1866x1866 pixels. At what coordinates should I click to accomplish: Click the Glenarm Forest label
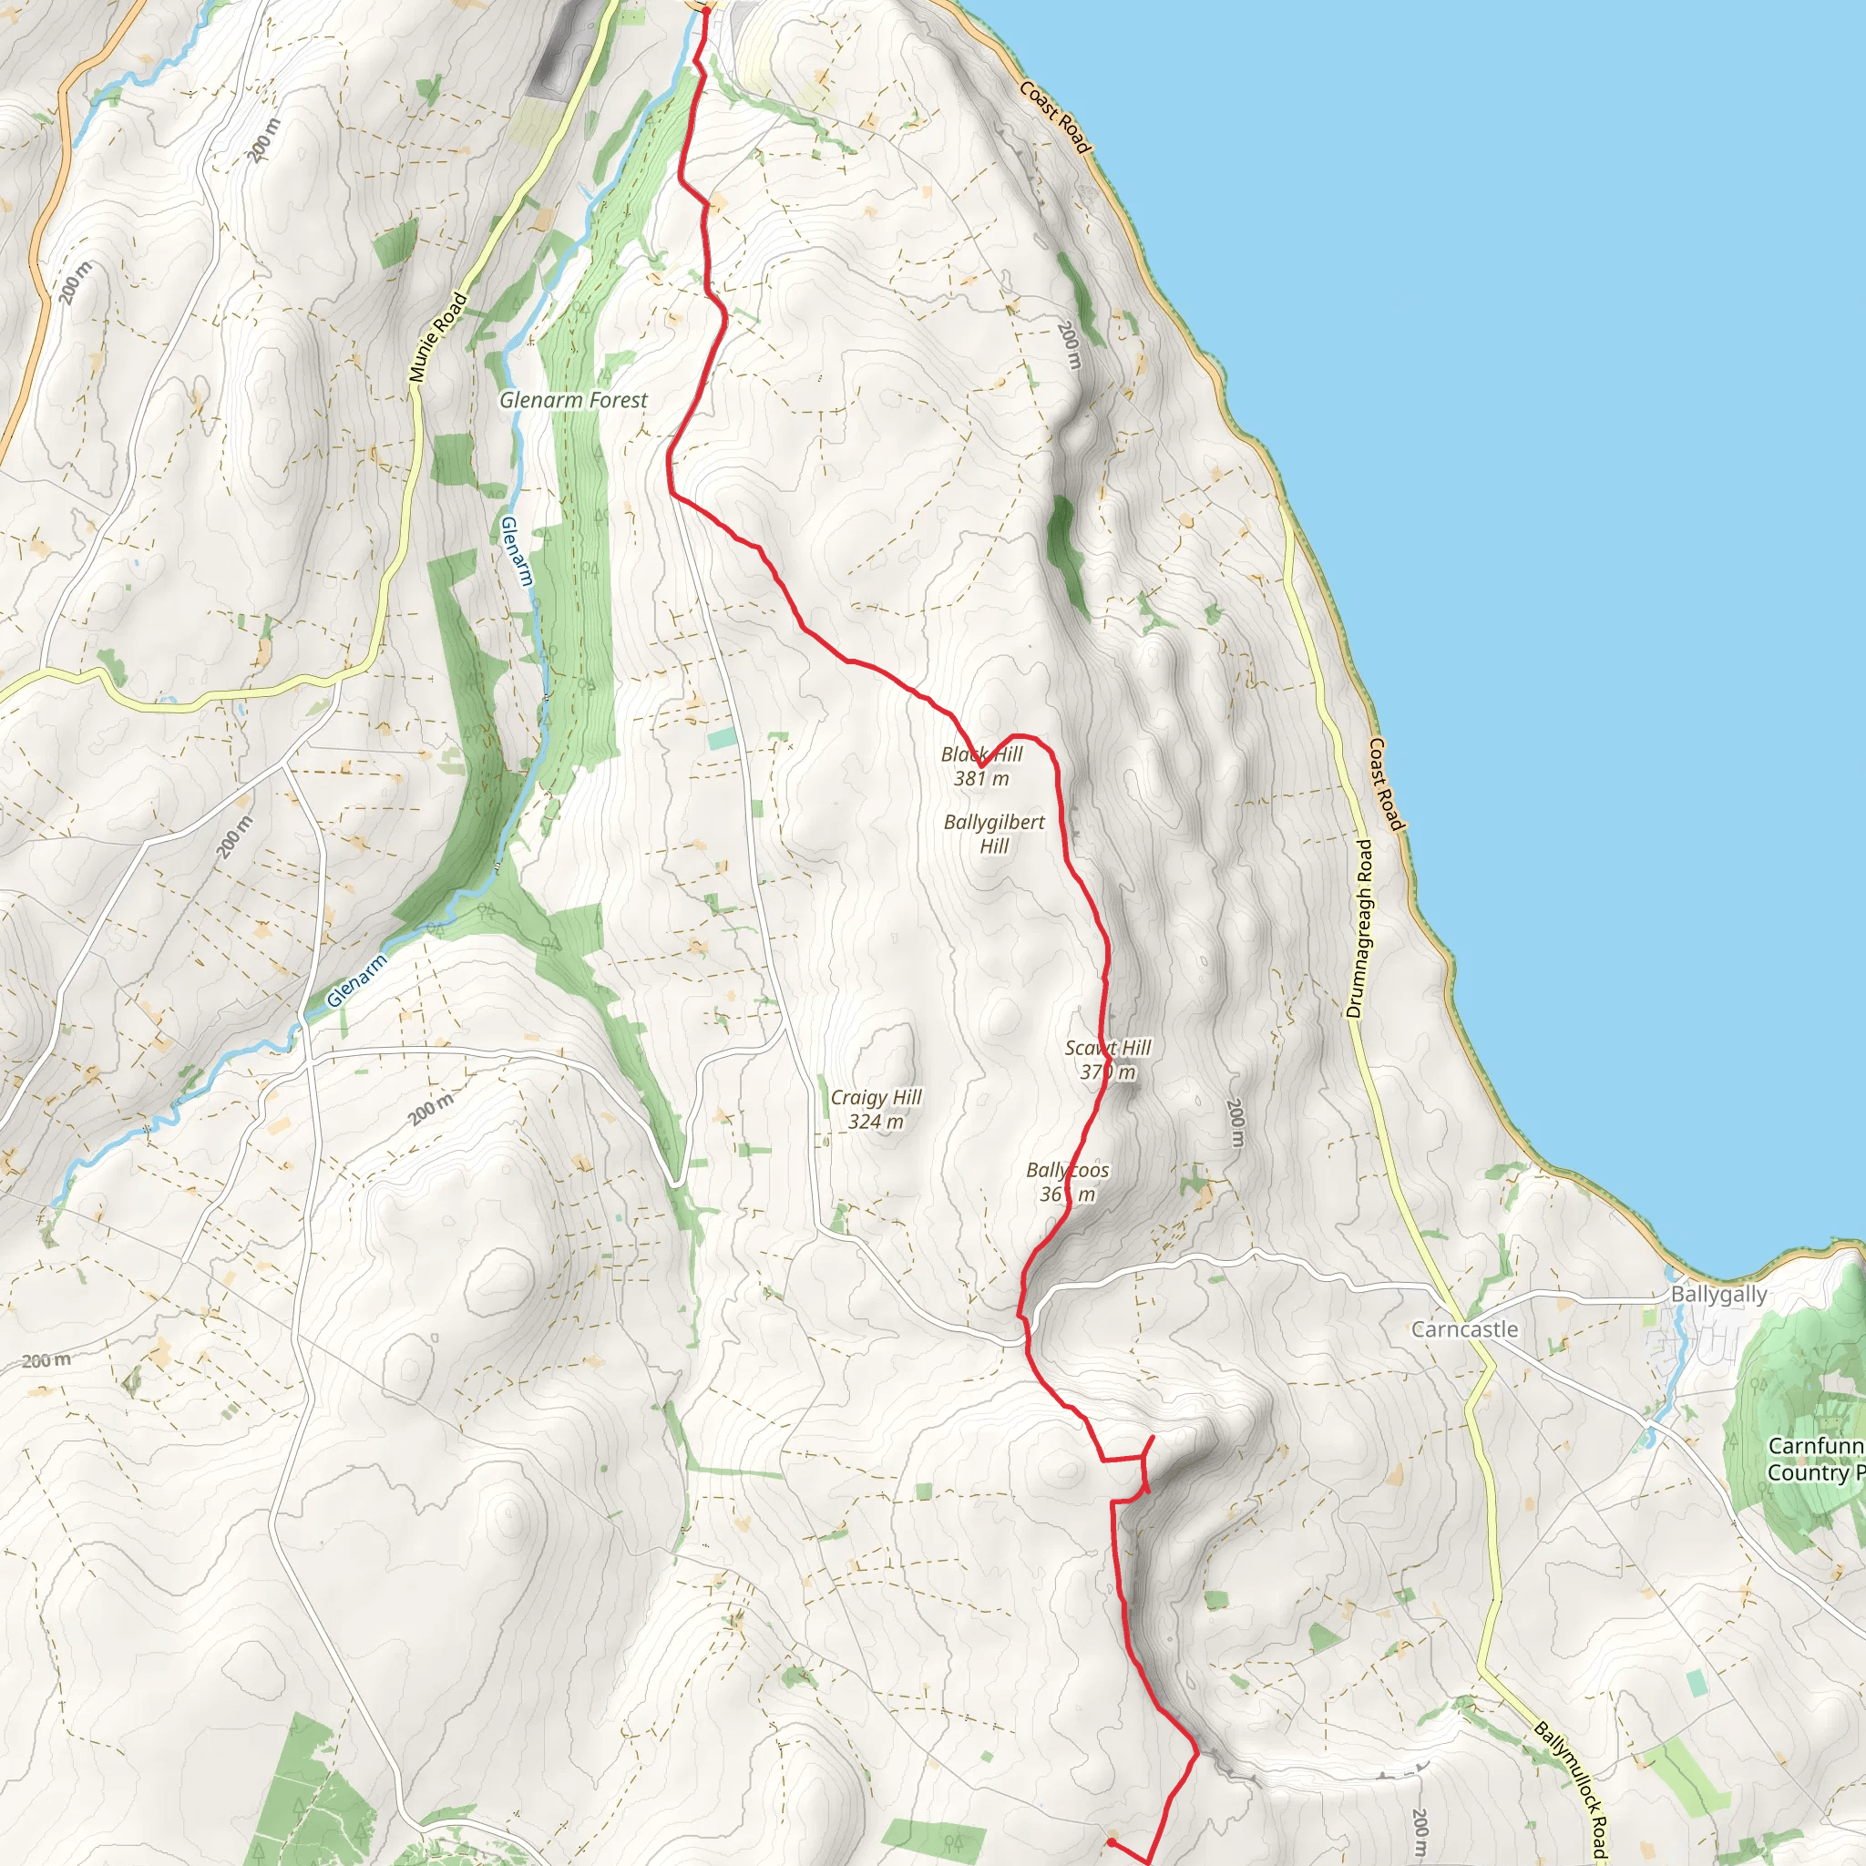[x=573, y=400]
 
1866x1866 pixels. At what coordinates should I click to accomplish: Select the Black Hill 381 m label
[x=981, y=766]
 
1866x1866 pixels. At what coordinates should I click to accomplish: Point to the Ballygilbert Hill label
[x=994, y=834]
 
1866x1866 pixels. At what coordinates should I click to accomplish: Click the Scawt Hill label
[x=1108, y=1059]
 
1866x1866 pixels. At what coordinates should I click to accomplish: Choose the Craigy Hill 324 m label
[x=876, y=1109]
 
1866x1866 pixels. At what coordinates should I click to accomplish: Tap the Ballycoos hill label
[x=1067, y=1181]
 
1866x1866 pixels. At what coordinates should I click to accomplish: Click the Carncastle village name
[x=1464, y=1329]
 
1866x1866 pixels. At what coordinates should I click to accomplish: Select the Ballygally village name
[x=1718, y=1294]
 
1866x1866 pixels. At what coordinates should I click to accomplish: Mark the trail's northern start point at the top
[x=705, y=10]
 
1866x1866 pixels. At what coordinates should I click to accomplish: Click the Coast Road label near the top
[x=1055, y=117]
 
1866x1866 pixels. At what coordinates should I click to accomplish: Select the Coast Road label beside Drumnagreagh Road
[x=1385, y=784]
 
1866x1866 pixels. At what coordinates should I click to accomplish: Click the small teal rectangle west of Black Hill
[x=721, y=740]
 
